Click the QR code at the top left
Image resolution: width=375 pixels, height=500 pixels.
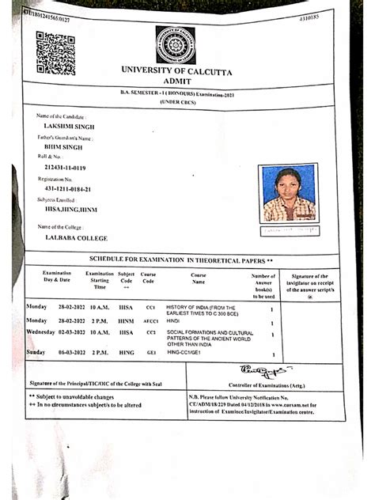(55, 53)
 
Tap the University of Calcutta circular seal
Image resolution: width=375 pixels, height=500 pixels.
(175, 45)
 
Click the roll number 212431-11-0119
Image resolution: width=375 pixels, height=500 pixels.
(66, 169)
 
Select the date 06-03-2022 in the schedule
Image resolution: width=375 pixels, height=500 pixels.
(74, 351)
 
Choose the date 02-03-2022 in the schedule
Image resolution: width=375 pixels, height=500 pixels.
(74, 332)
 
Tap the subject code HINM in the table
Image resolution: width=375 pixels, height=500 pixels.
(126, 320)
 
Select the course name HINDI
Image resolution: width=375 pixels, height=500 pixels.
(173, 320)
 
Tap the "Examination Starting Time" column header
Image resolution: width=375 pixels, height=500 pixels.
(100, 280)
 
